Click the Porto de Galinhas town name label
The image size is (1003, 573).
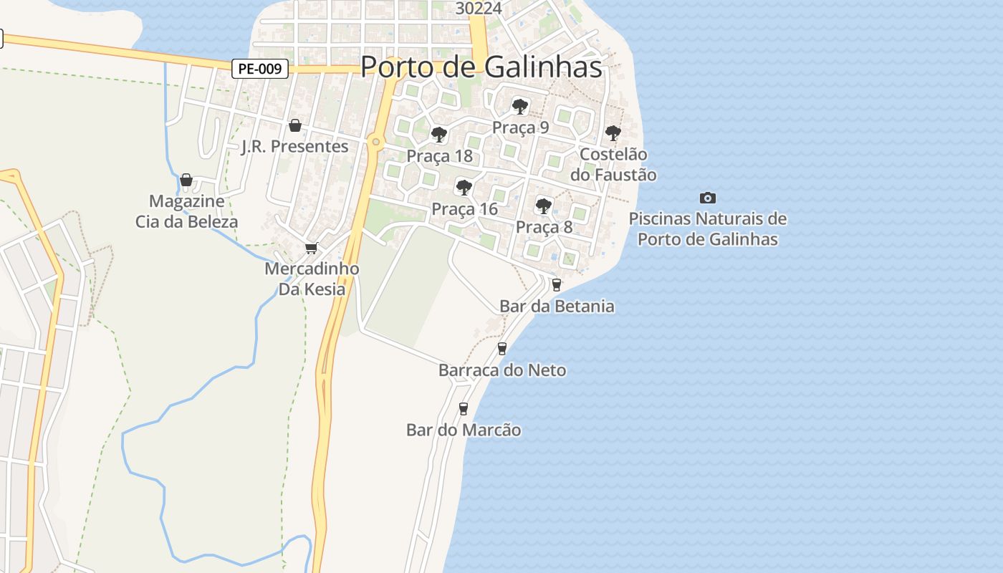(x=481, y=67)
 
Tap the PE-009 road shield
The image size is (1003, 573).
(x=260, y=69)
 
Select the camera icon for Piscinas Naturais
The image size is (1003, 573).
(x=707, y=198)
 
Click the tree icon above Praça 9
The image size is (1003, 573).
(x=520, y=107)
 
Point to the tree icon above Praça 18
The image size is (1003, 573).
(x=438, y=135)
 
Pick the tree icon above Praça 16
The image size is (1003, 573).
(x=464, y=188)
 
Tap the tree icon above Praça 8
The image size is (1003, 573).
(x=544, y=206)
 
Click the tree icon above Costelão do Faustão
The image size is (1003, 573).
(x=613, y=133)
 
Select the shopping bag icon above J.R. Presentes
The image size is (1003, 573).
(x=294, y=126)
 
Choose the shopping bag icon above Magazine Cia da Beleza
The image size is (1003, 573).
(x=186, y=180)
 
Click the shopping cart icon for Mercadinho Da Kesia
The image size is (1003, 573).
(x=311, y=248)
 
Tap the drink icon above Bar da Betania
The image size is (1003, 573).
(x=556, y=284)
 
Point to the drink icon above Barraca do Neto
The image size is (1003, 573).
(x=501, y=349)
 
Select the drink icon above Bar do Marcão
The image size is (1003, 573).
(x=463, y=409)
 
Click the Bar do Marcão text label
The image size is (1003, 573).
(x=464, y=430)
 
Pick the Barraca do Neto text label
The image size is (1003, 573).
(x=501, y=370)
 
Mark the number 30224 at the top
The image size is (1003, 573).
(x=479, y=8)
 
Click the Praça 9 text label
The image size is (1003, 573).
(x=520, y=127)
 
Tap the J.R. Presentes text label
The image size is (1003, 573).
(x=294, y=147)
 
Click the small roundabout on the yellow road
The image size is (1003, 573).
(x=376, y=142)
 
